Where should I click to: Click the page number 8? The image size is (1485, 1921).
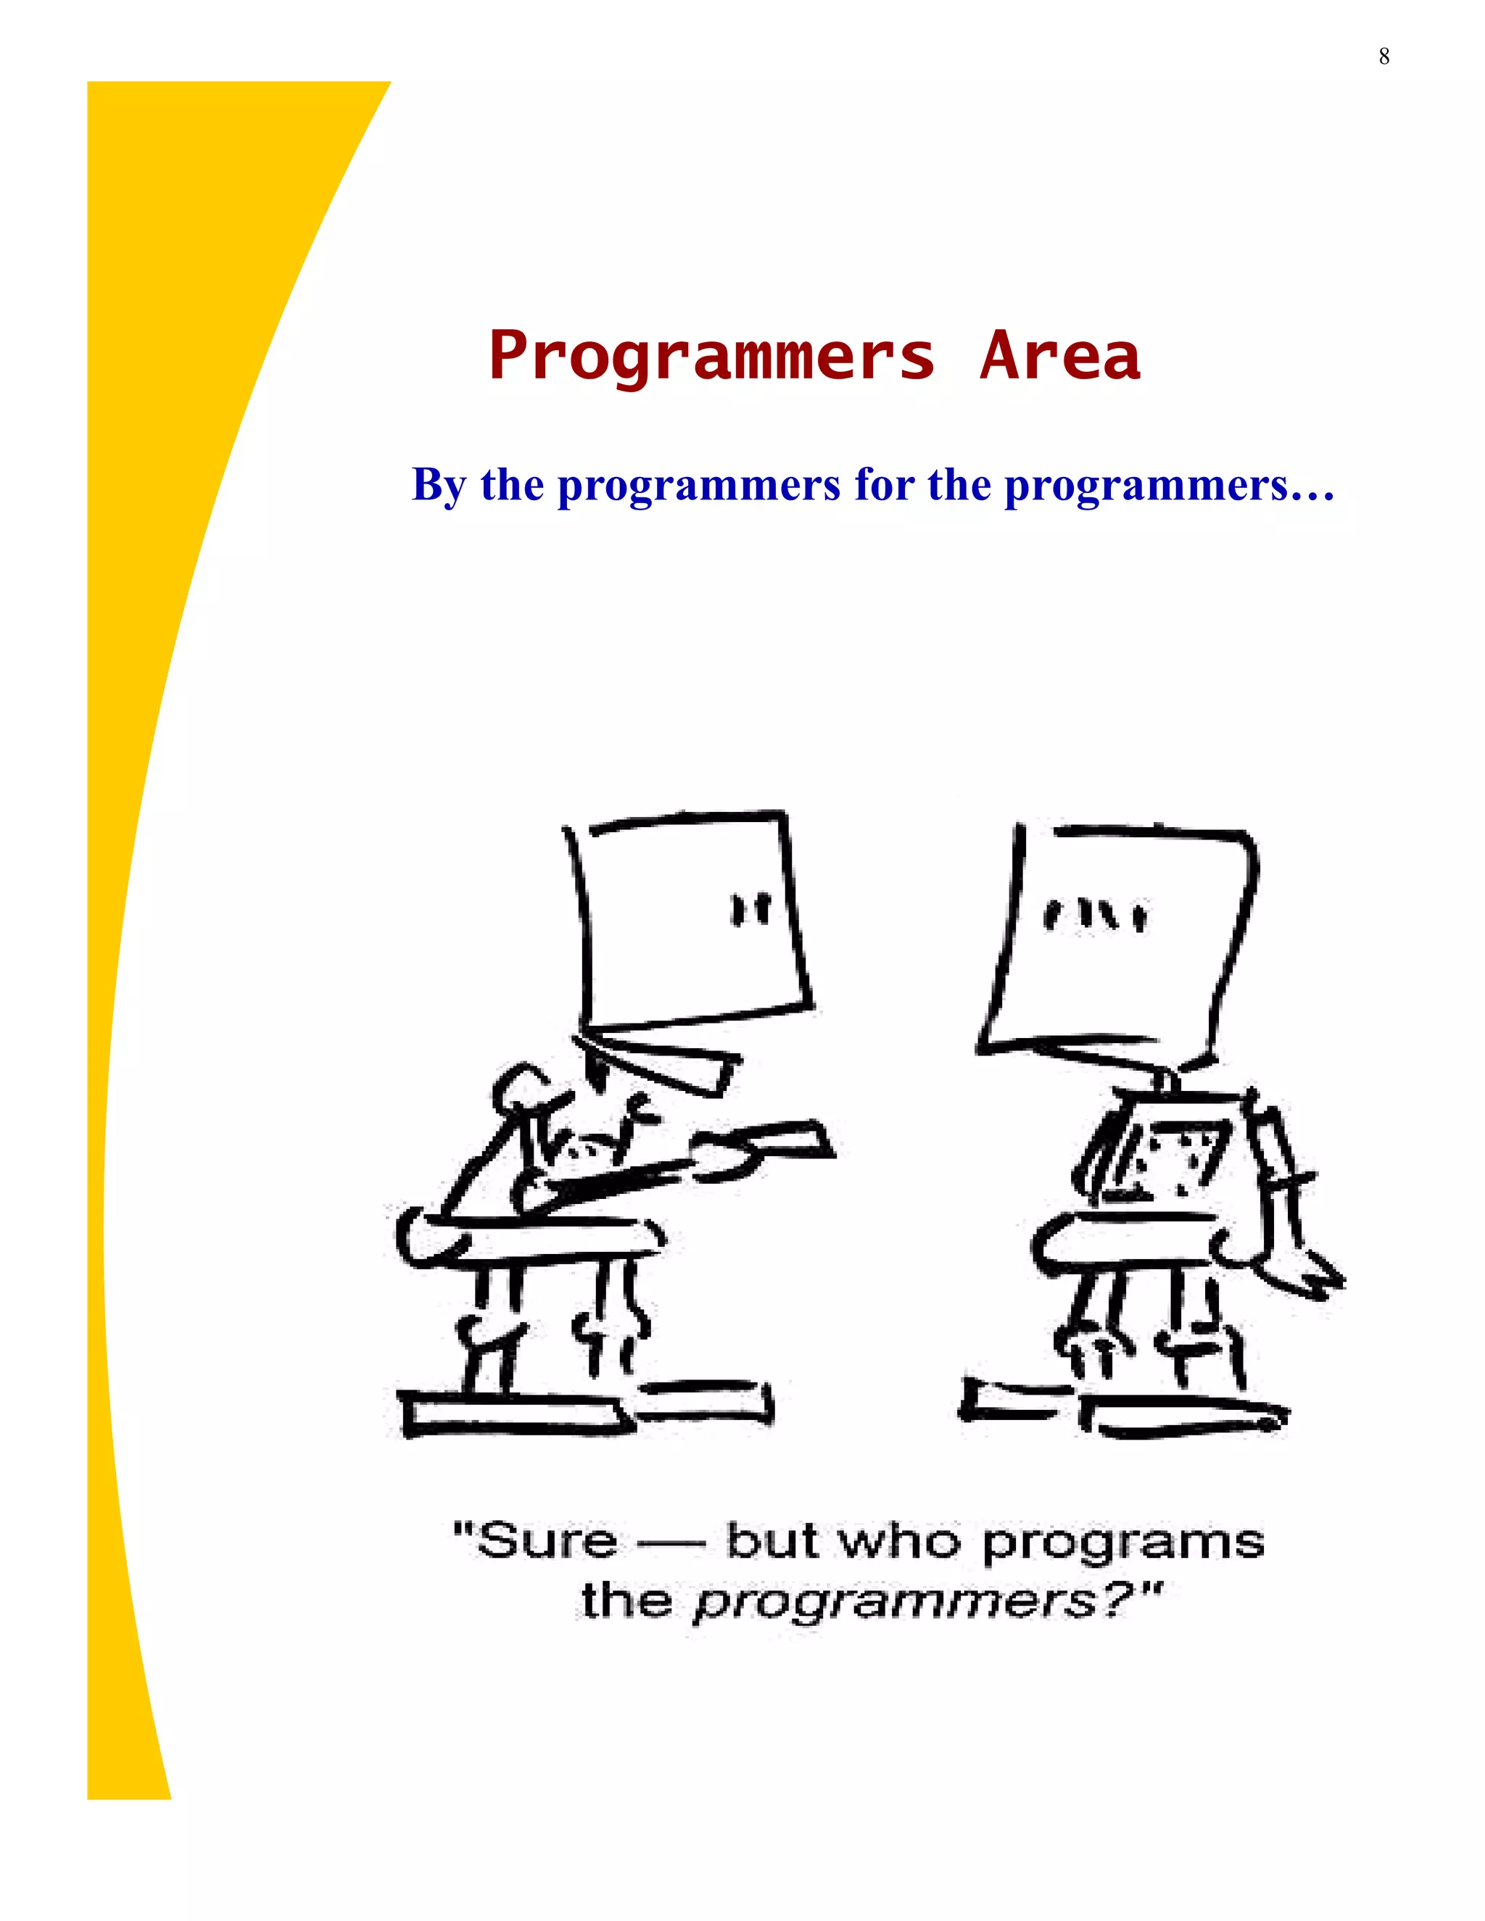coord(1383,57)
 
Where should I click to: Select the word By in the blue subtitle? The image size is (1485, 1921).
coord(439,486)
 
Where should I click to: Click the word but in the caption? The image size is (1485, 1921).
coord(771,1563)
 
